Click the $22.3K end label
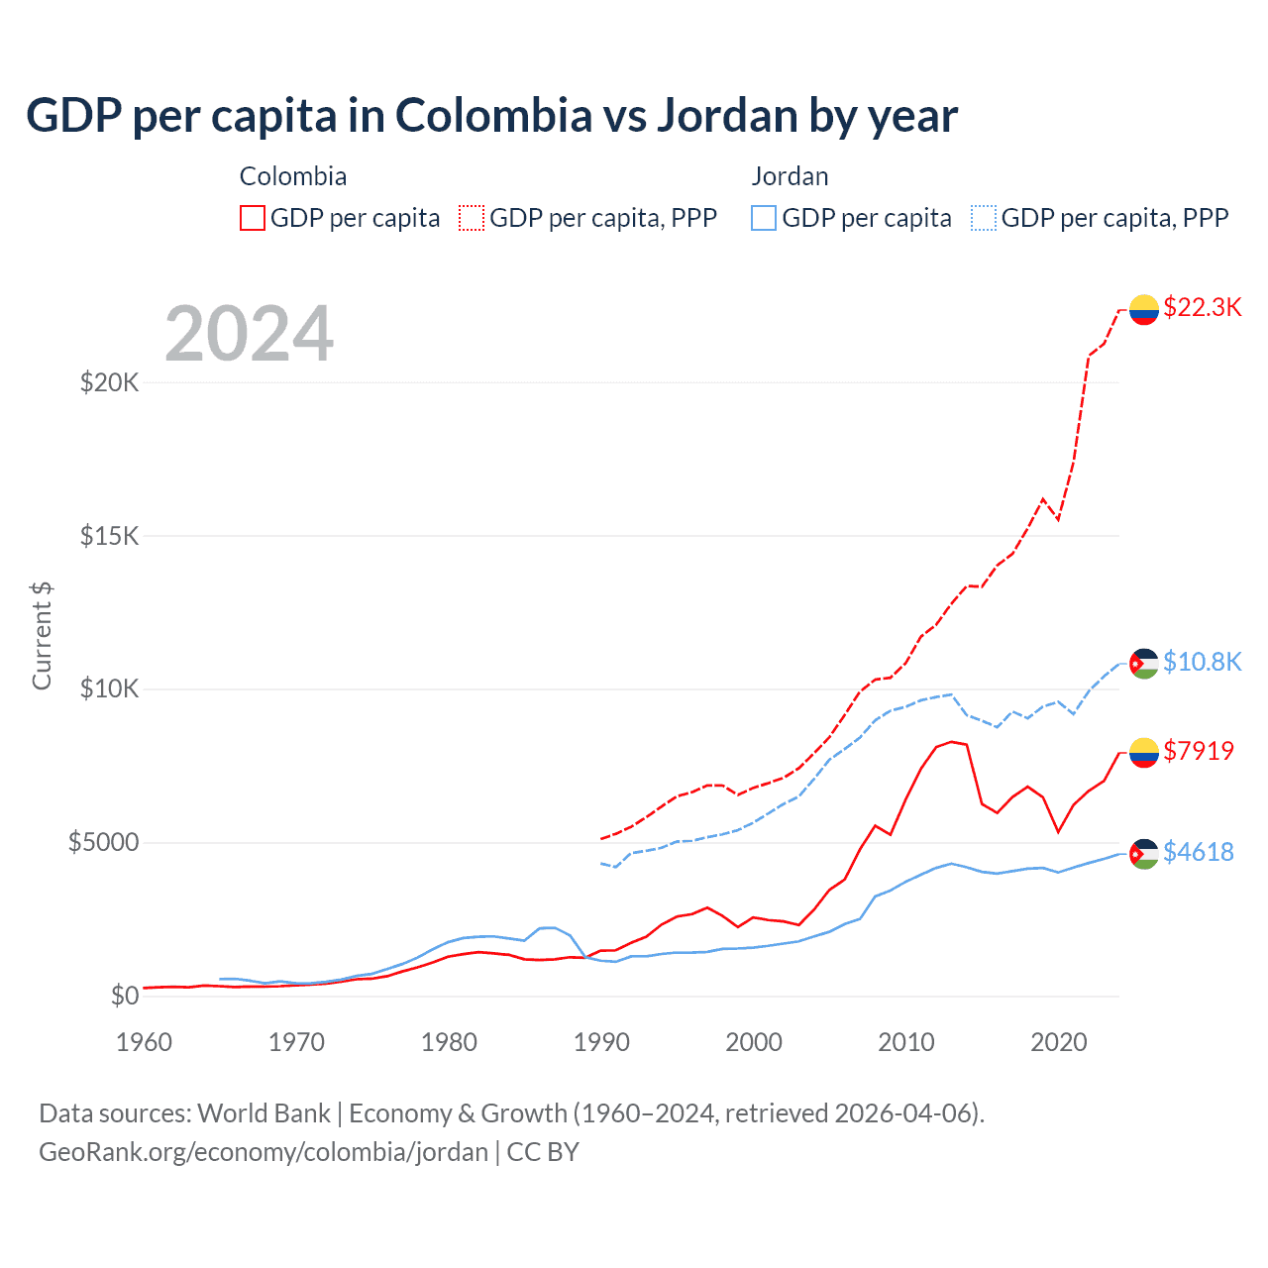(1202, 307)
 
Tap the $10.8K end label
(1202, 662)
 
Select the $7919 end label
(1199, 751)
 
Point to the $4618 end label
(1199, 852)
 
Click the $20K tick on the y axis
(110, 382)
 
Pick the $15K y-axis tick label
(110, 536)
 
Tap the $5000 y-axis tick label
(104, 843)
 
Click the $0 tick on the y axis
(124, 996)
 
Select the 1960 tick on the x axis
(145, 1042)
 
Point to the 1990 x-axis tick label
(602, 1042)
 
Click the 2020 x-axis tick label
(1059, 1042)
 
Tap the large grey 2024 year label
(250, 334)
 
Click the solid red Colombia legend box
(253, 218)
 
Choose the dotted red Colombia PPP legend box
(472, 218)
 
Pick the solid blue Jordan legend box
(764, 218)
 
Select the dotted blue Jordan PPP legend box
(984, 218)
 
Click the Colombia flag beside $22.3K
(1144, 309)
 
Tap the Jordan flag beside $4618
(1144, 854)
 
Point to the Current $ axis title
(42, 636)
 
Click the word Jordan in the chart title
(728, 116)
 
